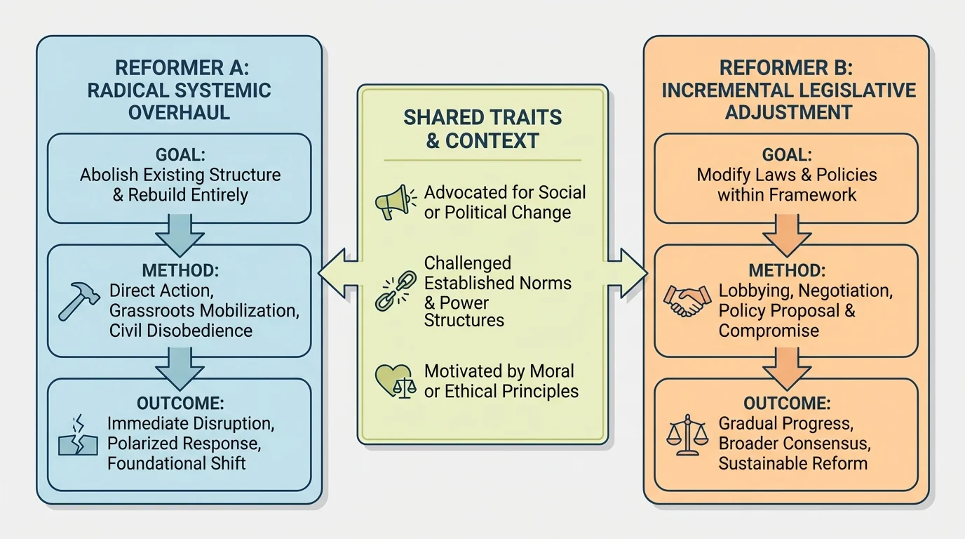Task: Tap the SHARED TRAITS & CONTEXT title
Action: (482, 128)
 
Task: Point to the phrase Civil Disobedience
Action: (181, 330)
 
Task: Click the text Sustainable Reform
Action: (792, 463)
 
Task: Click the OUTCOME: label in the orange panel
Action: (785, 404)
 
